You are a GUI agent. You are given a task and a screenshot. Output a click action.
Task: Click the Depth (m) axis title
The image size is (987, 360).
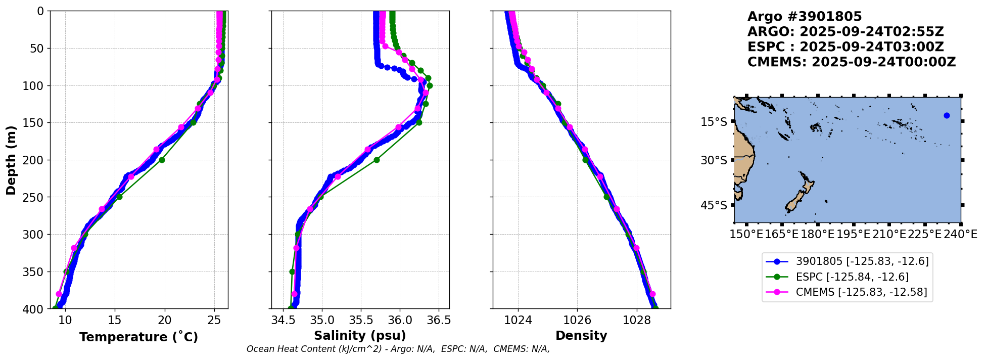(x=11, y=160)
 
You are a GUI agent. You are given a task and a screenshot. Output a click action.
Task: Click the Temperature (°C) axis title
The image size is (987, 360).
(x=138, y=337)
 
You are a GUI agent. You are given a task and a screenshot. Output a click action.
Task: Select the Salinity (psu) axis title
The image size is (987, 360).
(x=360, y=336)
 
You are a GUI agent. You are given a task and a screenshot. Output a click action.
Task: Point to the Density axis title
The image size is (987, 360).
(x=581, y=336)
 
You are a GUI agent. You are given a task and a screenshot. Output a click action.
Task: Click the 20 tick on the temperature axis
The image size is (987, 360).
(x=164, y=320)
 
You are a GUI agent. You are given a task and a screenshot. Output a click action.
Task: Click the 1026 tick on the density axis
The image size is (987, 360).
(x=577, y=320)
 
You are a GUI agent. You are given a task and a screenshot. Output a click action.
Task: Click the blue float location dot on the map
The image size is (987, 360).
(x=947, y=116)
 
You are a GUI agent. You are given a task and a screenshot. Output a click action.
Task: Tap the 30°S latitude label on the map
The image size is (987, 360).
(x=714, y=160)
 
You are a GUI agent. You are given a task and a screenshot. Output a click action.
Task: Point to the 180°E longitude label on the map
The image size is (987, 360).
(x=817, y=234)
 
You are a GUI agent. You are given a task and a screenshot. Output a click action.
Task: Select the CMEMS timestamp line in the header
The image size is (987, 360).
(x=852, y=62)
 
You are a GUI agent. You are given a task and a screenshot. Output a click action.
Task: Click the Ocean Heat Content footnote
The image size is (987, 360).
(x=398, y=349)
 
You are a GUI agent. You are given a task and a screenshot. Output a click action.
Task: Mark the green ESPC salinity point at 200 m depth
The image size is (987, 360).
(x=377, y=160)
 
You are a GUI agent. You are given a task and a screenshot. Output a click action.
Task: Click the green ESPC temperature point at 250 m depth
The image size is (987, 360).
(x=119, y=197)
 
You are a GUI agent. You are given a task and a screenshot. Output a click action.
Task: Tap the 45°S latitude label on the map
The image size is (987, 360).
(x=714, y=205)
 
